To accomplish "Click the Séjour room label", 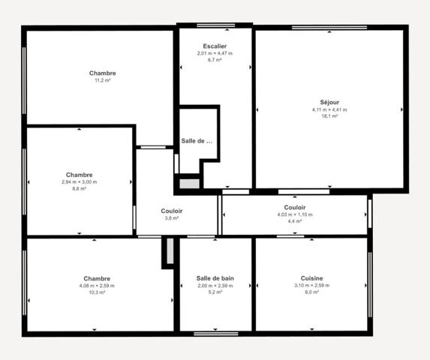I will (x=329, y=101).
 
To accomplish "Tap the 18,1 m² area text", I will (x=329, y=116).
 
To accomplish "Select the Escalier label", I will (x=215, y=46).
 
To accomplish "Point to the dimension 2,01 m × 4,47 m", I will (x=215, y=53).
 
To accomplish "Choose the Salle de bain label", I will (x=215, y=278).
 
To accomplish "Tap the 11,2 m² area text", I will (x=103, y=80).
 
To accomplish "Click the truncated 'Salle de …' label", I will (x=197, y=141).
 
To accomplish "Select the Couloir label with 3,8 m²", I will (x=172, y=211).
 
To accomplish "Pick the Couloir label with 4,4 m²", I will (x=295, y=207).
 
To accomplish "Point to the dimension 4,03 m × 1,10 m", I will (x=295, y=214).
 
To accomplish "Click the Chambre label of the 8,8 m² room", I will (x=79, y=175).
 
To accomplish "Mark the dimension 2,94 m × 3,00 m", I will (x=79, y=182).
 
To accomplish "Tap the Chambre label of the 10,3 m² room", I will (x=97, y=278).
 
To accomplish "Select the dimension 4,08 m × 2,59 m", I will (x=97, y=286).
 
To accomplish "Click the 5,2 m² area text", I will (x=215, y=292).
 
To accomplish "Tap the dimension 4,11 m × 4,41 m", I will (x=329, y=109).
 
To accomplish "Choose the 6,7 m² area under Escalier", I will (x=215, y=60).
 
